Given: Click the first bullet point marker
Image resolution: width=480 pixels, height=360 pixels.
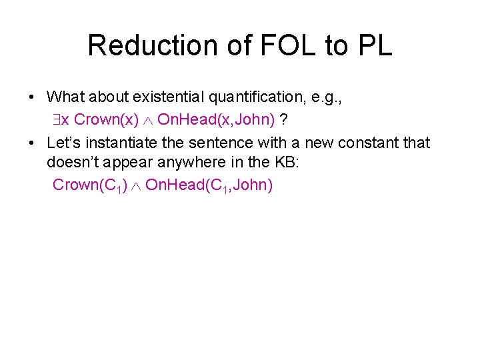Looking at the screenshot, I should point(32,97).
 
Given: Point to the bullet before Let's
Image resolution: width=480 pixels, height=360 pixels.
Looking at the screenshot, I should point(32,143).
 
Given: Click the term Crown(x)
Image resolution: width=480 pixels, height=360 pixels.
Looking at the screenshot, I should point(107,119).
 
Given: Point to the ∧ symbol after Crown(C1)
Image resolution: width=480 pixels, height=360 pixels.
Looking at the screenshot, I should point(137,185).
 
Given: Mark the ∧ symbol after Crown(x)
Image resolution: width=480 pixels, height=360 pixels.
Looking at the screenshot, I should point(149,120).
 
